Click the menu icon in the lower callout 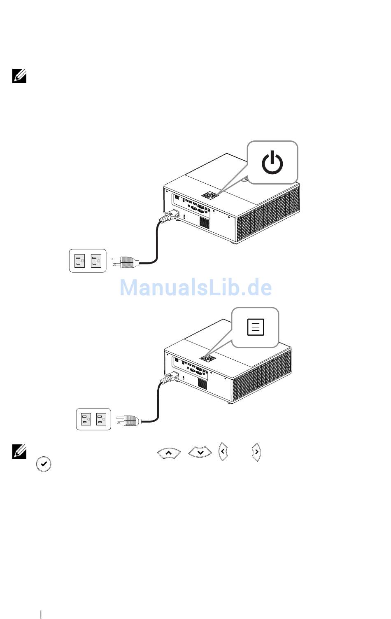coord(256,327)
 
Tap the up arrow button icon coord(169,453)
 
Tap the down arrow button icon coord(200,452)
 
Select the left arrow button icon coord(223,451)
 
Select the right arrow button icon coord(256,452)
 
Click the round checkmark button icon coord(44,464)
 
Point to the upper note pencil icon coord(19,76)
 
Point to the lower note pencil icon coord(19,452)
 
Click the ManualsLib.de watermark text coord(196,287)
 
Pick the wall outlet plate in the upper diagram coord(88,261)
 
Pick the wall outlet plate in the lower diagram coord(93,419)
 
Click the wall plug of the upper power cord coord(126,262)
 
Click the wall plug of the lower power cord coord(129,421)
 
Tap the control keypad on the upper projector coord(210,195)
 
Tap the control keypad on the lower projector coord(208,358)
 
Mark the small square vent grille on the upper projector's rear coord(205,222)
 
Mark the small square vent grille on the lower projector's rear coord(202,384)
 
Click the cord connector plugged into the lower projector coord(170,378)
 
